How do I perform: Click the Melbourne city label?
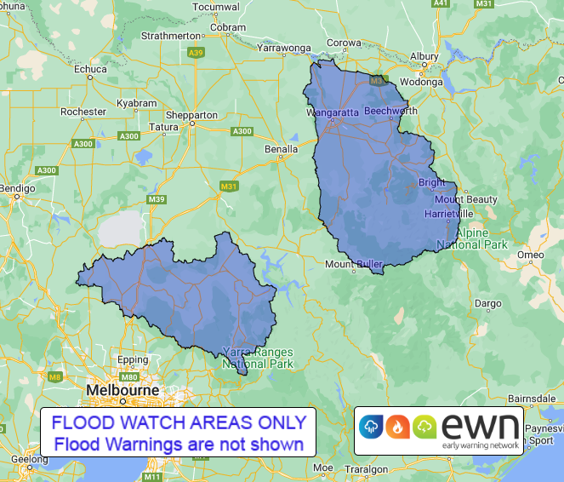(x=122, y=390)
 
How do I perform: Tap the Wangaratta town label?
(x=333, y=112)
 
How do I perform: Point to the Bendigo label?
(x=15, y=186)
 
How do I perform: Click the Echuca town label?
(x=91, y=69)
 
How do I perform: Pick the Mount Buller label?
(x=354, y=264)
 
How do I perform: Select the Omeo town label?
(x=531, y=255)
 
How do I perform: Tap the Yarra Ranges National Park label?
(x=257, y=357)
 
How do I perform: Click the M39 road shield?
(x=157, y=199)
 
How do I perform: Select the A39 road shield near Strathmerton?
(x=197, y=53)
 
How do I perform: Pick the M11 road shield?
(x=153, y=465)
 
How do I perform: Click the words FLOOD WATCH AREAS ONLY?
(x=179, y=422)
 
